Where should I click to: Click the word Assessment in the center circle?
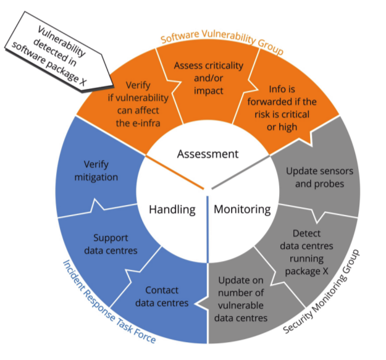point(208,154)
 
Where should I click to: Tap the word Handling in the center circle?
point(172,210)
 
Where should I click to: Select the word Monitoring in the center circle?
point(242,210)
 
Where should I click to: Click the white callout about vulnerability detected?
point(59,52)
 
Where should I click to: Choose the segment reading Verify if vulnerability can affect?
point(133,103)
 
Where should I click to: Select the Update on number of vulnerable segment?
point(244,300)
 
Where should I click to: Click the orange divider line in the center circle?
point(175,172)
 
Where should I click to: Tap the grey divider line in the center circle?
point(241,172)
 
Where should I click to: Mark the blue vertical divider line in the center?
point(208,229)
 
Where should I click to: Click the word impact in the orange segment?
point(208,91)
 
